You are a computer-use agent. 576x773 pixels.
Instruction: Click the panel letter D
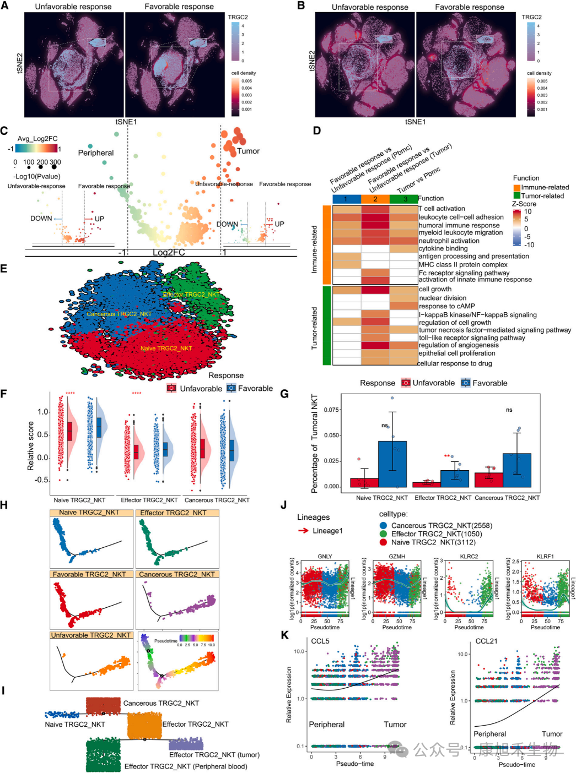coord(316,131)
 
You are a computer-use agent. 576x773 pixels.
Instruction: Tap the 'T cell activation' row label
coord(442,209)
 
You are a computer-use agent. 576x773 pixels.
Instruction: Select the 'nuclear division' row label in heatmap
coord(443,298)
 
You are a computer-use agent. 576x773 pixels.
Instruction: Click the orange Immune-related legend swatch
coord(516,188)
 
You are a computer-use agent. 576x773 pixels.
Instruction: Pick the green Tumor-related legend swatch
coord(516,196)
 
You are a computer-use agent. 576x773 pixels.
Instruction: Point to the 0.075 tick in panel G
coord(331,410)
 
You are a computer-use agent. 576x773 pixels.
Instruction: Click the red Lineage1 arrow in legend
coord(303,531)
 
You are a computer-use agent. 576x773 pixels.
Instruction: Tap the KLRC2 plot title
coord(469,557)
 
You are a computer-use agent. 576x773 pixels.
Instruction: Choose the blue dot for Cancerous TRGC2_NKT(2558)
coord(384,526)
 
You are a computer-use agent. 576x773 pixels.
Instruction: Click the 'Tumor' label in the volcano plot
coord(248,151)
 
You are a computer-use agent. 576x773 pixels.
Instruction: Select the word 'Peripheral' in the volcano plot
coord(96,153)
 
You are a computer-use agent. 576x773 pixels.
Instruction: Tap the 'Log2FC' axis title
coord(169,252)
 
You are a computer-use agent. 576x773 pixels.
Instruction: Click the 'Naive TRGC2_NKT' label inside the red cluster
coord(166,349)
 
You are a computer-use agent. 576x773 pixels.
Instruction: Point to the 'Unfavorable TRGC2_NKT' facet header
coord(91,635)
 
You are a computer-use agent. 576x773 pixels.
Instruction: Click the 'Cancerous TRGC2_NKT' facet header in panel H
coord(177,574)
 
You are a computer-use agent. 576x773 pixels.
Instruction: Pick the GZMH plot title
coord(397,557)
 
